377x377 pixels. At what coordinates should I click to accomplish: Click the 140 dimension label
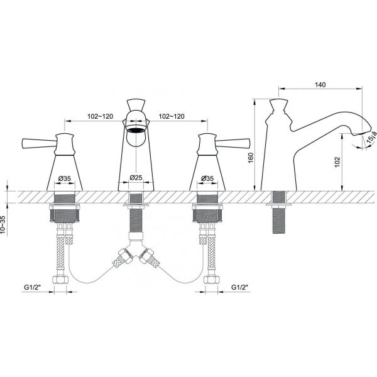320,85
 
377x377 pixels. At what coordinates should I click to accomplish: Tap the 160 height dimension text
251,158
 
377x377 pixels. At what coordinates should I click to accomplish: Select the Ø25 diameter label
136,177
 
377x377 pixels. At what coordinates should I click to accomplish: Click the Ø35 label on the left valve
65,178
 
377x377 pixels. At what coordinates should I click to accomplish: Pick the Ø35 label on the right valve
207,178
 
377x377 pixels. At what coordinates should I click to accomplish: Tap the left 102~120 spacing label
100,116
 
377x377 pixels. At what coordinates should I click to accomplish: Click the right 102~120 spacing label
172,116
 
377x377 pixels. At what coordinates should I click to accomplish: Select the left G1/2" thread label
33,287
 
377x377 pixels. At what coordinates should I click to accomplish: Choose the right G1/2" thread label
239,287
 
